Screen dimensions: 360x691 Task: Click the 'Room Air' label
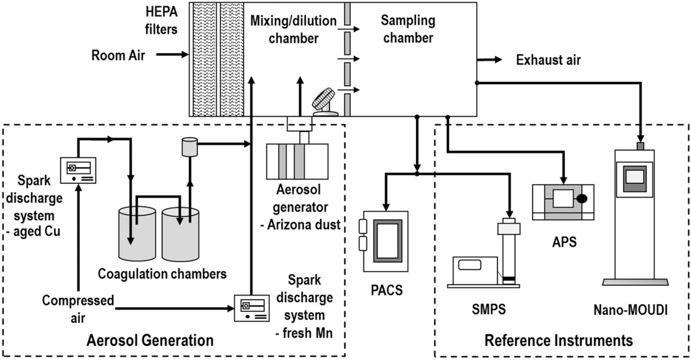(118, 55)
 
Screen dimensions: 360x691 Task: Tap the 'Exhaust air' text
(548, 60)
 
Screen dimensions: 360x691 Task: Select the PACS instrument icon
(386, 241)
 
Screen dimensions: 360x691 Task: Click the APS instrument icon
(563, 202)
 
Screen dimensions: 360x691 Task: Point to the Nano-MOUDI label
(631, 310)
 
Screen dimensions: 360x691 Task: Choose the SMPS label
(489, 309)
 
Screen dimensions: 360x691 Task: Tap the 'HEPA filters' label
(161, 21)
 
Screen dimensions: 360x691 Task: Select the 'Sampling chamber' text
(408, 29)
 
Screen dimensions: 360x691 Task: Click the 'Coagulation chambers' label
(162, 274)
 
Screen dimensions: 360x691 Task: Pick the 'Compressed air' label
(78, 309)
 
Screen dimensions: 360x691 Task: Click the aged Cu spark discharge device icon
(78, 170)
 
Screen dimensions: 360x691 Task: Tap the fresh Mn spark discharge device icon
(252, 308)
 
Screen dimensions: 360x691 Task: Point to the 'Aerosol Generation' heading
(150, 340)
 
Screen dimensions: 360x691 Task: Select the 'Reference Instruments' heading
(559, 340)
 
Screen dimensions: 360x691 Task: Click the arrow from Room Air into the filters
(172, 54)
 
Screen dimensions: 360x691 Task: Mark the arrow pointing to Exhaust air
(489, 60)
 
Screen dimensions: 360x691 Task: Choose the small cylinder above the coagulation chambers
(190, 147)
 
